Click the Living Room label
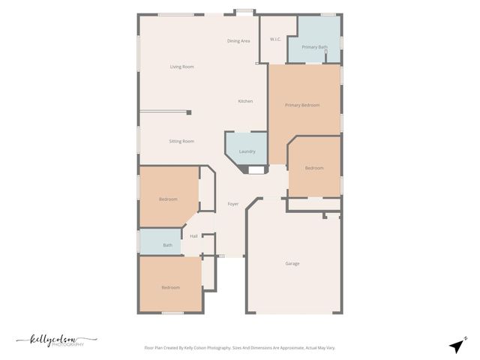point(181,67)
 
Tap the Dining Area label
point(238,40)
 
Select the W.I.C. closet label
point(275,39)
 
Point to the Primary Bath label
point(314,47)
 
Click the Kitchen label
point(245,101)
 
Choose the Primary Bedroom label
point(302,105)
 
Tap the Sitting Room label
point(181,141)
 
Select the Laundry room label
point(247,151)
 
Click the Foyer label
point(233,204)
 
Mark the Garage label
point(292,263)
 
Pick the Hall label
point(193,236)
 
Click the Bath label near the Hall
point(168,245)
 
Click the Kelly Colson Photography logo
point(57,341)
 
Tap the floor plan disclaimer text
point(240,348)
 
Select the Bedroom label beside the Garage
point(314,168)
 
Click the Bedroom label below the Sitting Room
point(168,199)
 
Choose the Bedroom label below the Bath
point(170,287)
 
